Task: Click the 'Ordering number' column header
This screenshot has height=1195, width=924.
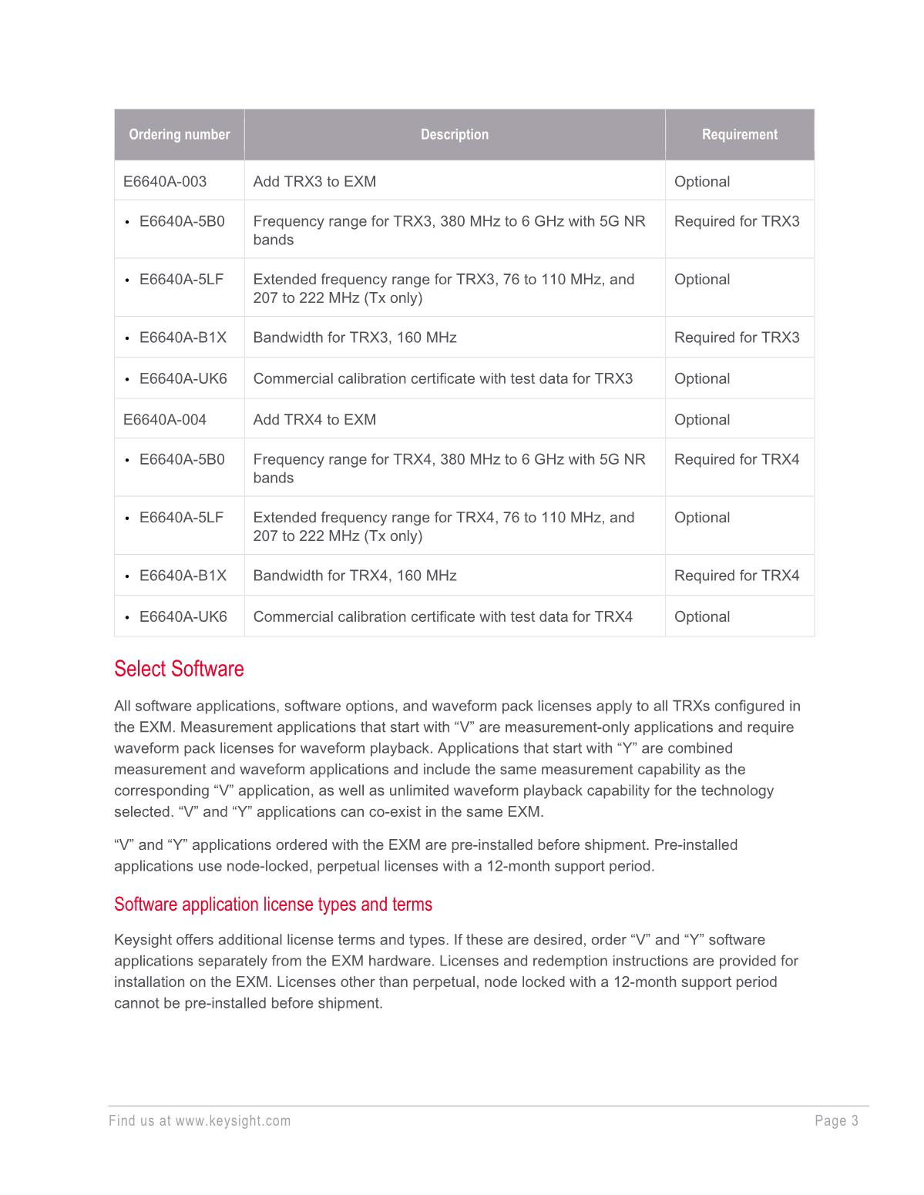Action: (179, 135)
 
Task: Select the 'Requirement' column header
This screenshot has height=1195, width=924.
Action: (739, 135)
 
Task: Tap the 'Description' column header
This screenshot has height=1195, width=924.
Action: (455, 135)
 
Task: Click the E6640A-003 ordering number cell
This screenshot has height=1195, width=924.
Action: (165, 182)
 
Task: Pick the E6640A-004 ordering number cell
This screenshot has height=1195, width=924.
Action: (165, 420)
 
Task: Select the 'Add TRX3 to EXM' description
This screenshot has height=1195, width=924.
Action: (314, 182)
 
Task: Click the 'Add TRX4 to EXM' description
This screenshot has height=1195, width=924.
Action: (314, 420)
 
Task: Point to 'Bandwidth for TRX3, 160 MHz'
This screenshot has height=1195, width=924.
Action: (354, 337)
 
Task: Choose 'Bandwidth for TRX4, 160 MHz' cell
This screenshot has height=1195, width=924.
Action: (354, 576)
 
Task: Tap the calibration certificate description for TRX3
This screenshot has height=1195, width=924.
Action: (442, 378)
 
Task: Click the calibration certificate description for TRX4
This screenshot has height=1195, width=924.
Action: (442, 616)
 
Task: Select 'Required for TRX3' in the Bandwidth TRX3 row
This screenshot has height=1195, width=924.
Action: (737, 337)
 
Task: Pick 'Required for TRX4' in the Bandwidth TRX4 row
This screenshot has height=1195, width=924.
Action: (737, 576)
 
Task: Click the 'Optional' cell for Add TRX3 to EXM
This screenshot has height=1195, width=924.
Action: (701, 182)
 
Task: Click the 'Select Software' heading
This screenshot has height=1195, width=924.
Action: (179, 669)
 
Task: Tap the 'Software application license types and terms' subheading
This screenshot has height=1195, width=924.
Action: (273, 904)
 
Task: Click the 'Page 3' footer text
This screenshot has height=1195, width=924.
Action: (836, 1121)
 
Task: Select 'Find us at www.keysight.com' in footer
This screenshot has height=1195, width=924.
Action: (200, 1121)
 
